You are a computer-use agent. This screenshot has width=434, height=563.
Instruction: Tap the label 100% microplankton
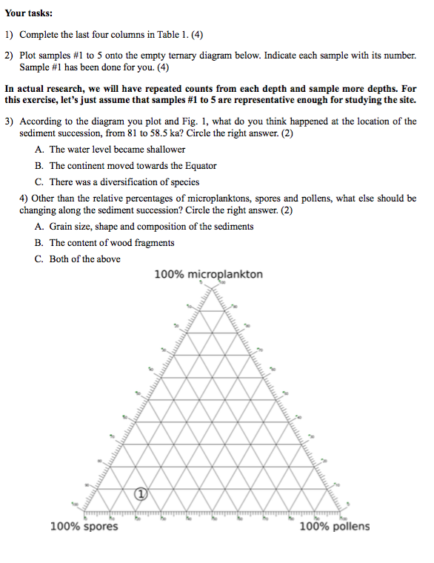(x=208, y=275)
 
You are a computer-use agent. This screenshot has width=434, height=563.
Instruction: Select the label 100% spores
(x=83, y=527)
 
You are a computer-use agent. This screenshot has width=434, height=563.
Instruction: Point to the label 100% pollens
(x=334, y=527)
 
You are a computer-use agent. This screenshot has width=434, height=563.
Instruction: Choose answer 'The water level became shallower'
(x=117, y=150)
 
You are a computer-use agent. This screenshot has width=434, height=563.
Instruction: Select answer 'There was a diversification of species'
(x=124, y=181)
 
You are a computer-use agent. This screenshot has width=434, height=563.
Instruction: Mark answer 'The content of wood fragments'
(x=112, y=243)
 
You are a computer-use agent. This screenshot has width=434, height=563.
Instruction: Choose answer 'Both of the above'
(x=84, y=259)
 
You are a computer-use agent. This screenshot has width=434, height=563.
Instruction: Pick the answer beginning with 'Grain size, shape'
(x=151, y=227)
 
